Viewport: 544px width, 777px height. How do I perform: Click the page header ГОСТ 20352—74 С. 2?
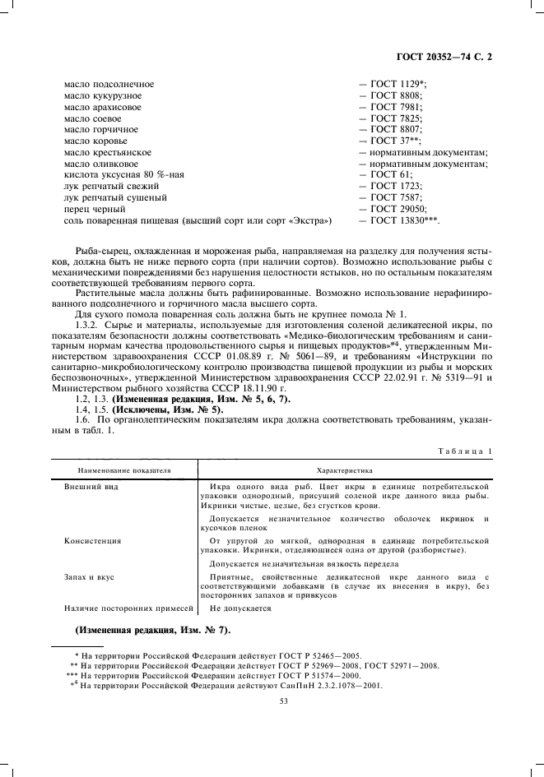click(445, 58)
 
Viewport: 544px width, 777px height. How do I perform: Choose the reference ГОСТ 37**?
click(398, 141)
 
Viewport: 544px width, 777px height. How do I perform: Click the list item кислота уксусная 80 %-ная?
click(120, 175)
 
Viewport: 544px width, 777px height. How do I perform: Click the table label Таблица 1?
click(466, 451)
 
